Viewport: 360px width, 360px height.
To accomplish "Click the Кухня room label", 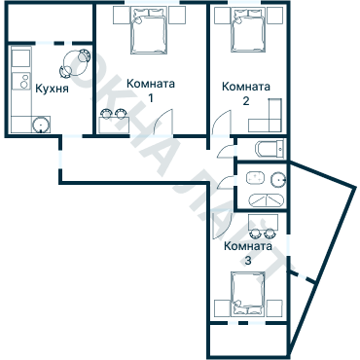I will tap(52, 89).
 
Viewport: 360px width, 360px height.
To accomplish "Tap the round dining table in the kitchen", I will tap(74, 64).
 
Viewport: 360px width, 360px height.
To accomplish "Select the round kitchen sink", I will tap(42, 125).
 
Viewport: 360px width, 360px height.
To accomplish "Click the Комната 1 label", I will tap(151, 90).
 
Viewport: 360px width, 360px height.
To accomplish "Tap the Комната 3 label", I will tap(247, 253).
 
